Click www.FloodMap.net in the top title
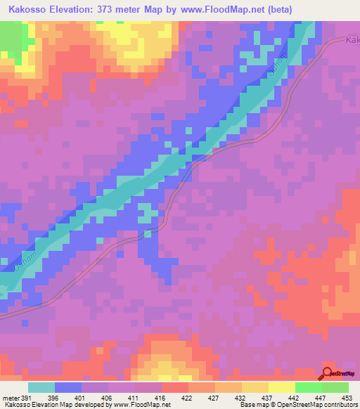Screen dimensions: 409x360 (219, 9)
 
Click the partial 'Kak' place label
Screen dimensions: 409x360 (352, 41)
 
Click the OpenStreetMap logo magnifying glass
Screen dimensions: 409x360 (328, 372)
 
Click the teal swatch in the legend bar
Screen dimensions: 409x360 (41, 387)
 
